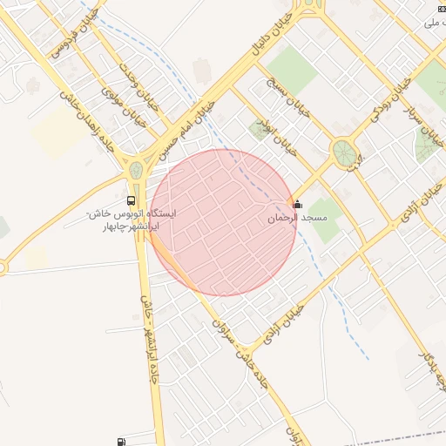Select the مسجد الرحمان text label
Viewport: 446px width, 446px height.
pyautogui.click(x=297, y=218)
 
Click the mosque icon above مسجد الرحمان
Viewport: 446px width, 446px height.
pyautogui.click(x=298, y=205)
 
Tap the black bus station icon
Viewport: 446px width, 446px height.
pyautogui.click(x=131, y=200)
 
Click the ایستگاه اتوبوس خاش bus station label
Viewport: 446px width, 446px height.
pyautogui.click(x=132, y=219)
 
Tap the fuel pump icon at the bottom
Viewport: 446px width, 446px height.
pyautogui.click(x=119, y=442)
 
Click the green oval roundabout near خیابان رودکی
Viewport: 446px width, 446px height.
pyautogui.click(x=343, y=153)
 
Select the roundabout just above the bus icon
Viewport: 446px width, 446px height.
pyautogui.click(x=135, y=170)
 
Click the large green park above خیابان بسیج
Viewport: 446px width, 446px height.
pyautogui.click(x=291, y=69)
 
